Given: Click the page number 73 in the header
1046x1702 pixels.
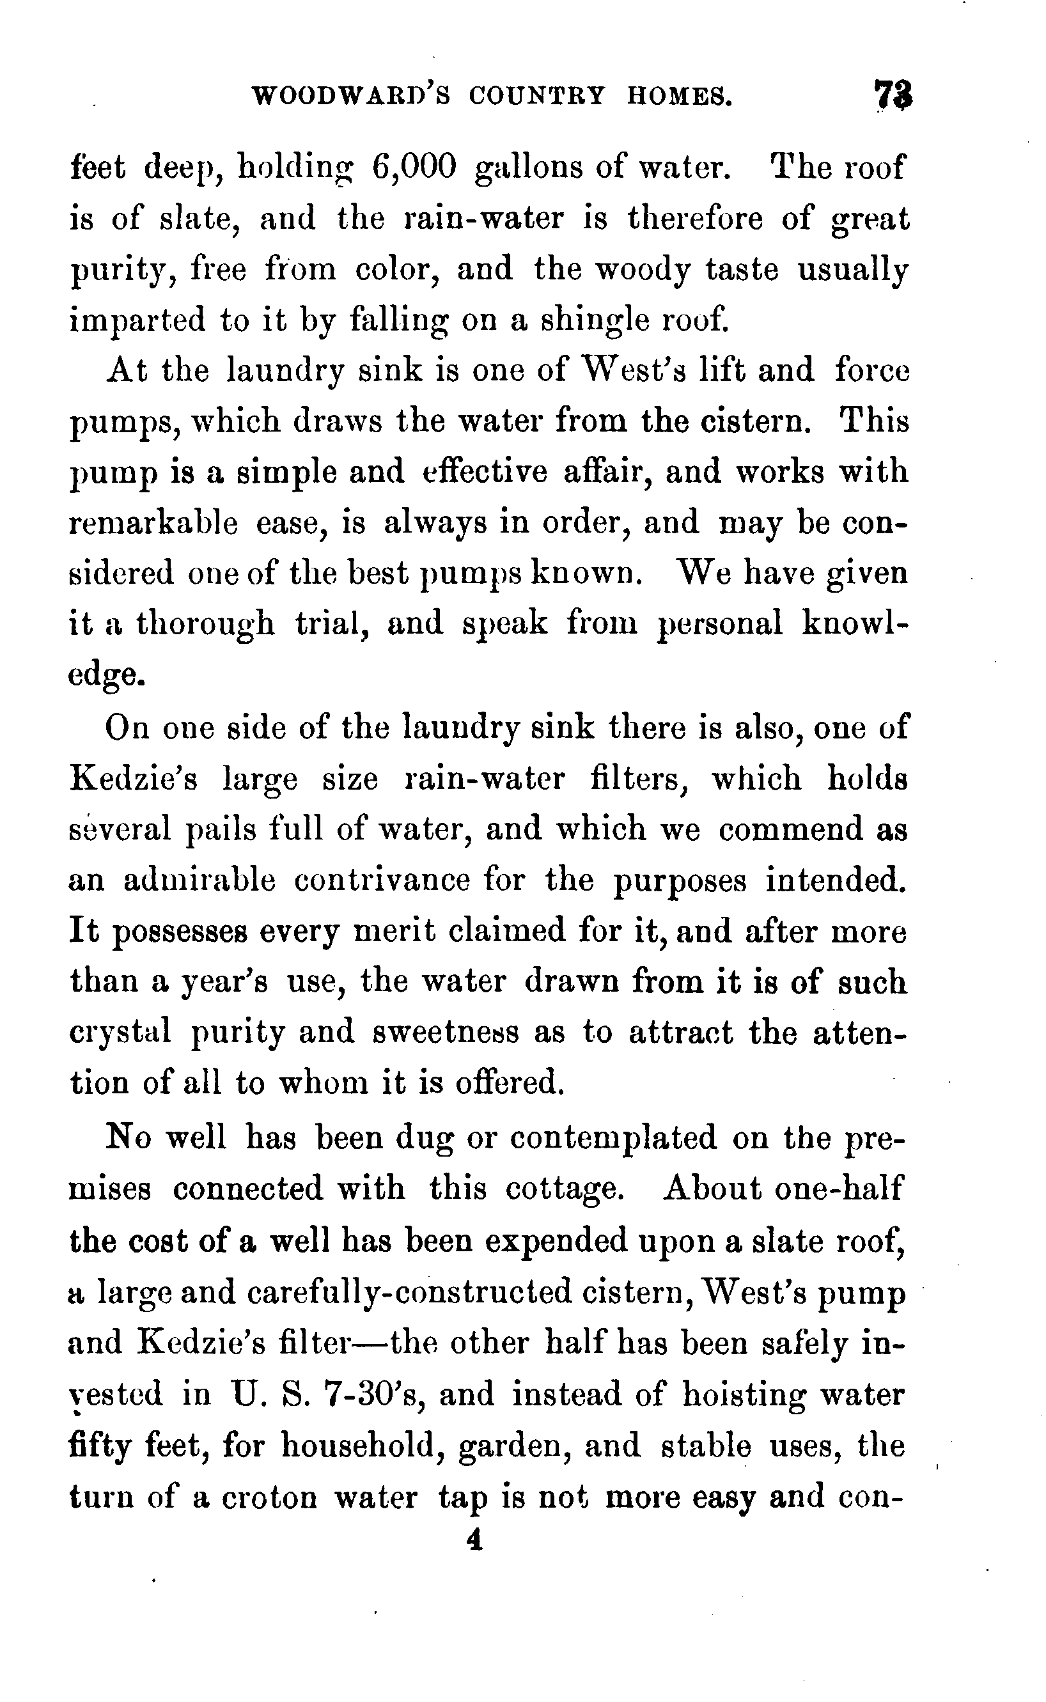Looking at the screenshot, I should [893, 95].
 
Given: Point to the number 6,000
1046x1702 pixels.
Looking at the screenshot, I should [414, 168].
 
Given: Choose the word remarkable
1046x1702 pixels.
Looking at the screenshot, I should [153, 523].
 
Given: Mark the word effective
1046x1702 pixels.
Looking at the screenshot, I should [485, 472].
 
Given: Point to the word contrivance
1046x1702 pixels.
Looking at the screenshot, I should [382, 880].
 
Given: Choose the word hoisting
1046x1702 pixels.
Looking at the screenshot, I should [744, 1394].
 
